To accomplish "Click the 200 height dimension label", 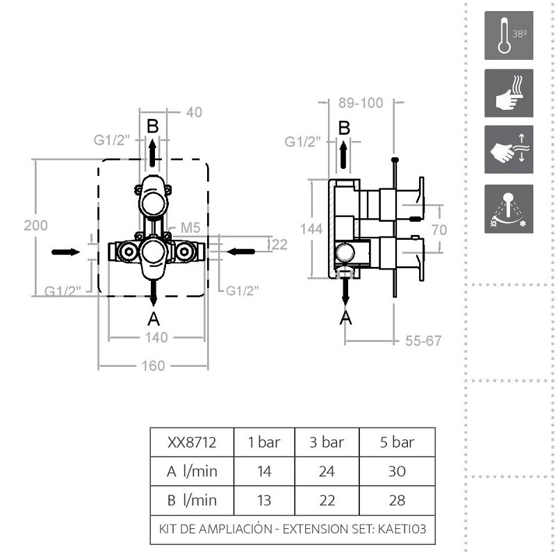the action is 36,225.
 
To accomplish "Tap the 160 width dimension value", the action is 153,366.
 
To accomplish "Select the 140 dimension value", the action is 156,338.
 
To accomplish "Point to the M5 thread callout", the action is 190,228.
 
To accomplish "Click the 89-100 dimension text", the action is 361,103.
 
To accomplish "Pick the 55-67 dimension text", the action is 423,341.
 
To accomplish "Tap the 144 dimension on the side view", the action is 311,229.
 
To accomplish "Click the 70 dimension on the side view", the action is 439,230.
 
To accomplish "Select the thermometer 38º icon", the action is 509,35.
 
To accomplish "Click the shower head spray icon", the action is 509,209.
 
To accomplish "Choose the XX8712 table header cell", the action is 192,443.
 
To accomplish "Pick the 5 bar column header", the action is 397,443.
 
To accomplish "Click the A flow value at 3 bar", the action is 327,472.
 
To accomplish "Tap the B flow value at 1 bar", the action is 264,500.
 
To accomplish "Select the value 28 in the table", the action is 397,500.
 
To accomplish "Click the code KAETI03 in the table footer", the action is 402,529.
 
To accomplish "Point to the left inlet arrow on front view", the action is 66,252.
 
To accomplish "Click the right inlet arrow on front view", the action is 240,252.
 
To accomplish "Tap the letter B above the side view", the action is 344,128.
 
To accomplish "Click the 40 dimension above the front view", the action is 194,113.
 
